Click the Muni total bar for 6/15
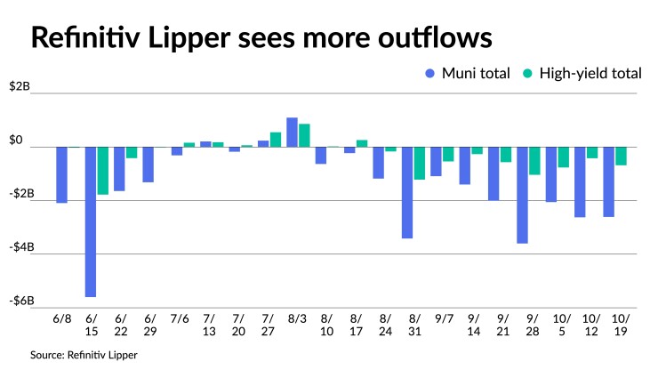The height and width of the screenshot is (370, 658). tap(91, 221)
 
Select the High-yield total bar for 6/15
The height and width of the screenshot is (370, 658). tap(103, 171)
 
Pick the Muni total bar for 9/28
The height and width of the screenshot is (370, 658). tap(522, 195)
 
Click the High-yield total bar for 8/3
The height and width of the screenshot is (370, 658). tap(304, 135)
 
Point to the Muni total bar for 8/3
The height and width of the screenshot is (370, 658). tap(292, 133)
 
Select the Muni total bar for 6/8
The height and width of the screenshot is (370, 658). tap(62, 174)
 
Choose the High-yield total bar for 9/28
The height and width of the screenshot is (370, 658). tap(534, 161)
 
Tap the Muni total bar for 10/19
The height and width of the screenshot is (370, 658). tap(608, 181)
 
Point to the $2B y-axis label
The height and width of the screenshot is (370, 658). tap(20, 87)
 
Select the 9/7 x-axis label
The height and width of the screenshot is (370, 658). tap(442, 318)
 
